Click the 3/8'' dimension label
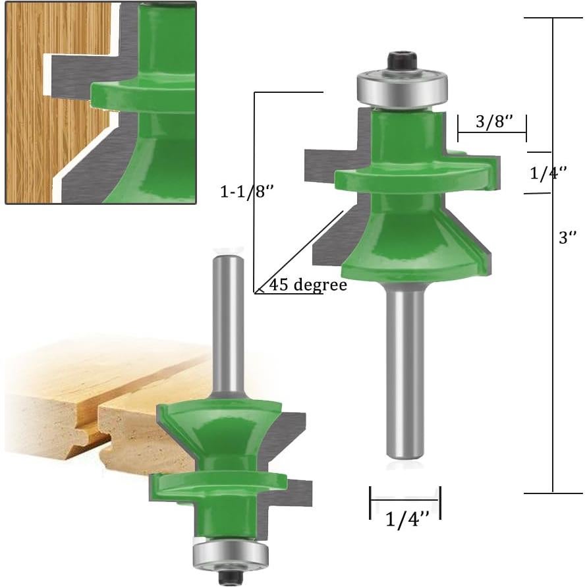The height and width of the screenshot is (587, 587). [x=491, y=123]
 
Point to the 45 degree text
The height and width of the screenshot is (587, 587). [x=307, y=286]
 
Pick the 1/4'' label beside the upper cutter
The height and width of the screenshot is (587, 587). [x=548, y=173]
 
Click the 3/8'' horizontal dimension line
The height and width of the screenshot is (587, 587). [x=491, y=134]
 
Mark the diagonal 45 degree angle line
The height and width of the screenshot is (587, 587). [x=300, y=250]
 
